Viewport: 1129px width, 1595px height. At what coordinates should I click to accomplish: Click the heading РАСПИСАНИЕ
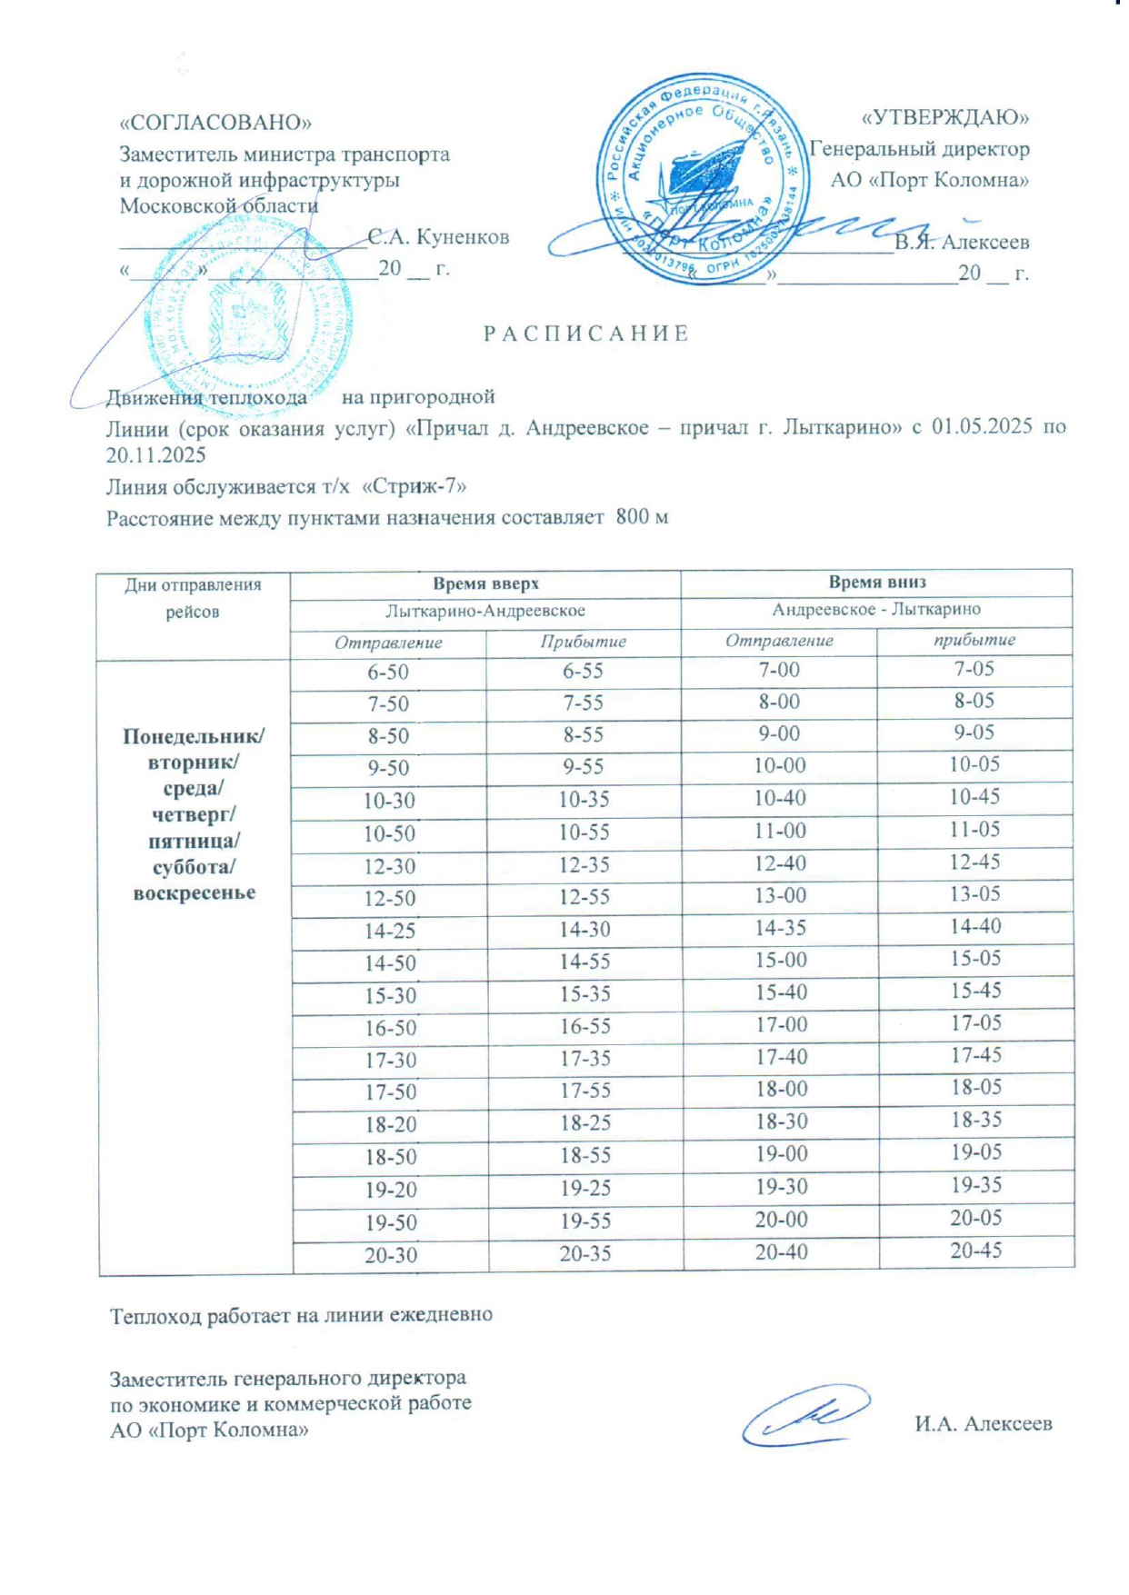point(585,334)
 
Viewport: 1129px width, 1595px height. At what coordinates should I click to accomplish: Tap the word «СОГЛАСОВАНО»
point(215,123)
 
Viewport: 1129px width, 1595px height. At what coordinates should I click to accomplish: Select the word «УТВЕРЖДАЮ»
point(944,117)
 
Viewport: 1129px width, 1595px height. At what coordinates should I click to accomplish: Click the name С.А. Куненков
point(438,237)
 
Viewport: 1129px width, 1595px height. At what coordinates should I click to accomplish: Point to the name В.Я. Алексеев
point(962,243)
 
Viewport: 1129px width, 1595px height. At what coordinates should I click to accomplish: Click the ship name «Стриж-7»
point(415,486)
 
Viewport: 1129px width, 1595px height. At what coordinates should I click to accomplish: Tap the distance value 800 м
point(642,517)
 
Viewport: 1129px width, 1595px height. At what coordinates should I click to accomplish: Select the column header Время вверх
point(485,583)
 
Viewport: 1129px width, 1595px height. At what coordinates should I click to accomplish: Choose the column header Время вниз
point(876,582)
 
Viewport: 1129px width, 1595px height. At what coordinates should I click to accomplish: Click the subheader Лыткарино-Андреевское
point(485,611)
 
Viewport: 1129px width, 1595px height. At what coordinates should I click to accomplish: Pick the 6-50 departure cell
point(388,673)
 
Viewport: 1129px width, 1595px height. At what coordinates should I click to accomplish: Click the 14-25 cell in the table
point(390,931)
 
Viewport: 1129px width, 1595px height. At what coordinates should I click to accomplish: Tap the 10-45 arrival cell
point(974,797)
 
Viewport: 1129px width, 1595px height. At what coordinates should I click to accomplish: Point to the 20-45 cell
point(976,1251)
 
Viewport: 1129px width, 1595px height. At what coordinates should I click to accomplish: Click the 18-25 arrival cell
point(584,1123)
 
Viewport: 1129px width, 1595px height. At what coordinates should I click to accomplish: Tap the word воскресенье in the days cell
point(194,892)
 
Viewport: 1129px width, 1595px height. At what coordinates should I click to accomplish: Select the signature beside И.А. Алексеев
point(805,1414)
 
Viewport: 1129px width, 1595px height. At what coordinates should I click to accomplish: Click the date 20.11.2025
point(155,455)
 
